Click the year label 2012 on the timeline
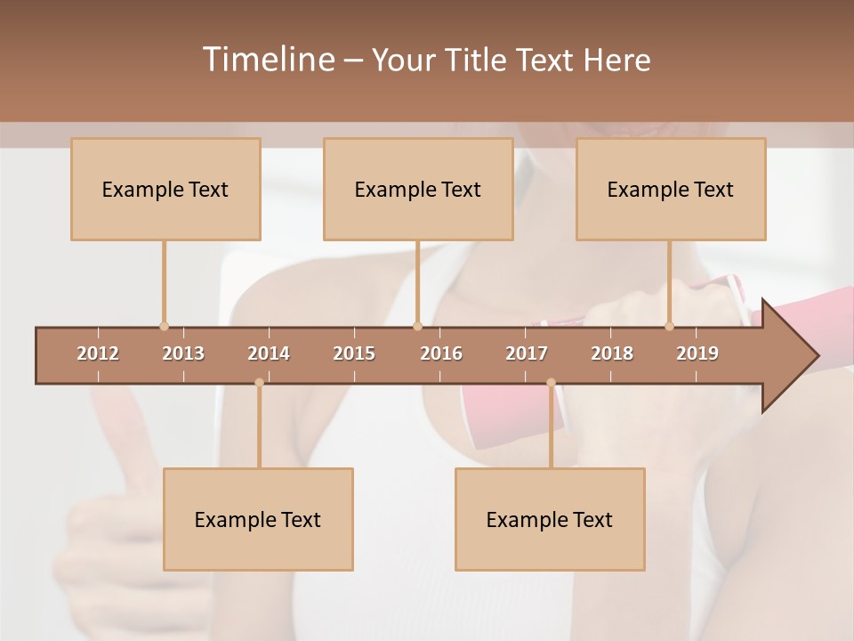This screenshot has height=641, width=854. (98, 353)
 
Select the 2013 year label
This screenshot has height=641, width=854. (183, 353)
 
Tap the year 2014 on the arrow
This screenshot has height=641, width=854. (269, 353)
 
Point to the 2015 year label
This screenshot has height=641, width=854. (354, 353)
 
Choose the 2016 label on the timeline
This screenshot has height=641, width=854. (441, 353)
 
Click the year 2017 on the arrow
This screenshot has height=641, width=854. (527, 353)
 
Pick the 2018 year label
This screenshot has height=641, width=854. (612, 353)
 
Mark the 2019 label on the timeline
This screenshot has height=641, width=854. (697, 353)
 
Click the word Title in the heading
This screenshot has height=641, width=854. (480, 60)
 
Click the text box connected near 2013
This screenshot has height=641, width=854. (165, 189)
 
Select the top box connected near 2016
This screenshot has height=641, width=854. (418, 189)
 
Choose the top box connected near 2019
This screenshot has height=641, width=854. (671, 189)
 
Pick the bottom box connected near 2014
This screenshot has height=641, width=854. (258, 519)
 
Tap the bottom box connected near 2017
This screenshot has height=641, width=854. (550, 519)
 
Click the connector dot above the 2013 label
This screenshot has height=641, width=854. (164, 326)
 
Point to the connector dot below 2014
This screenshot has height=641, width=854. (259, 383)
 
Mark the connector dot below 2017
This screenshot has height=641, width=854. (551, 383)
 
